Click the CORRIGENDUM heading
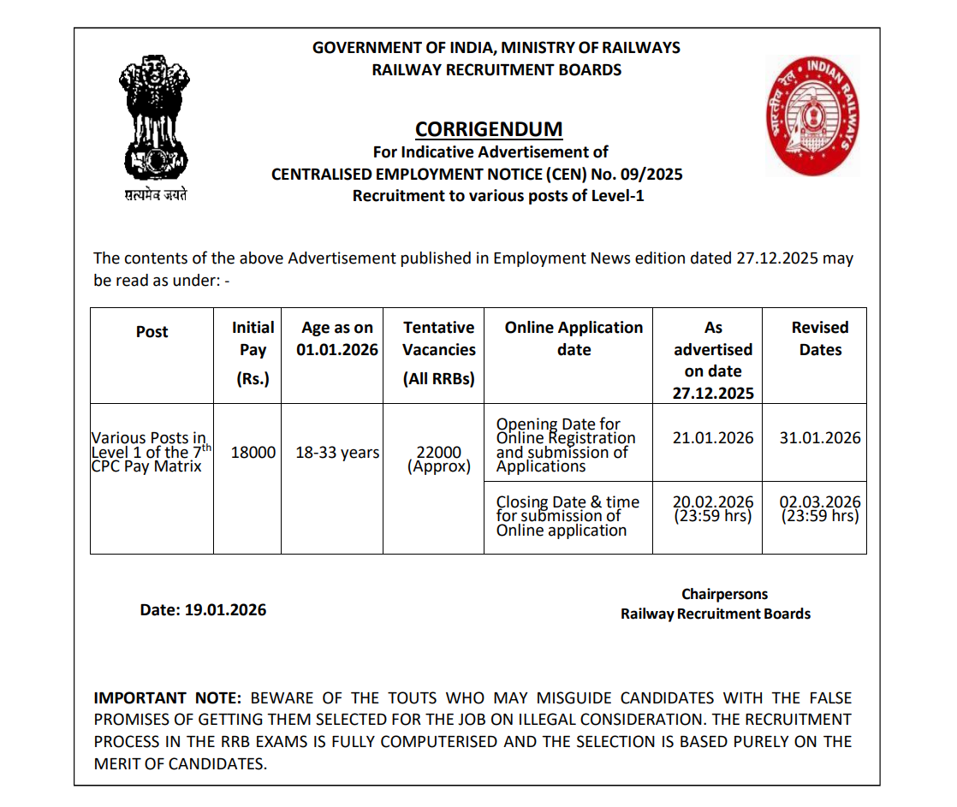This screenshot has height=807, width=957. click(489, 129)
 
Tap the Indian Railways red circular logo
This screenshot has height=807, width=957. click(812, 115)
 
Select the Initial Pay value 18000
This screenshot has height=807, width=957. click(253, 453)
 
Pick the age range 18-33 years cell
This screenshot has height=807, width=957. click(337, 453)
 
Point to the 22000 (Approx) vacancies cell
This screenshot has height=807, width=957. click(439, 459)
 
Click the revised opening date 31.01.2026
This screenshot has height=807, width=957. click(820, 437)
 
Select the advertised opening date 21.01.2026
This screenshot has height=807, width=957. click(713, 437)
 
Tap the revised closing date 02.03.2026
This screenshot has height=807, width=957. click(820, 502)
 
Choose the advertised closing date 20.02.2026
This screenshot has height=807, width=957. click(713, 502)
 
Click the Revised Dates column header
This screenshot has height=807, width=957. click(820, 339)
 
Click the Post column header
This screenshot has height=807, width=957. click(152, 332)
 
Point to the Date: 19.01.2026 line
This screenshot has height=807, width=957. click(203, 610)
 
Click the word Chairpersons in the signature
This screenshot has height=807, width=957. click(725, 594)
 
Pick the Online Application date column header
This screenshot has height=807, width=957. click(574, 339)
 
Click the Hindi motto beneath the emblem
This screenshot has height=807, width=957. click(155, 195)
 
